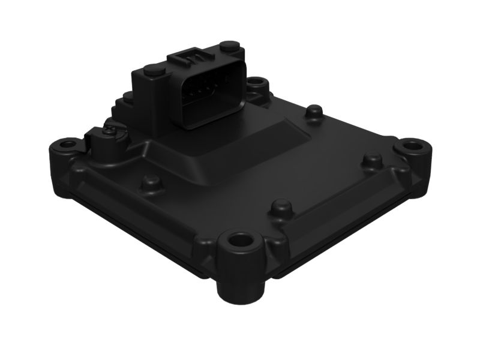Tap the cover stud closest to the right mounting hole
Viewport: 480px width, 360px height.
[x=371, y=159]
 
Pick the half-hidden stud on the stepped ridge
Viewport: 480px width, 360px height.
[x=127, y=96]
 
